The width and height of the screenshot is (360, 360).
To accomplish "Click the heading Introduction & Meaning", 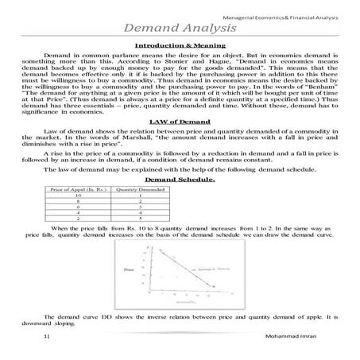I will pyautogui.click(x=180, y=47).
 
